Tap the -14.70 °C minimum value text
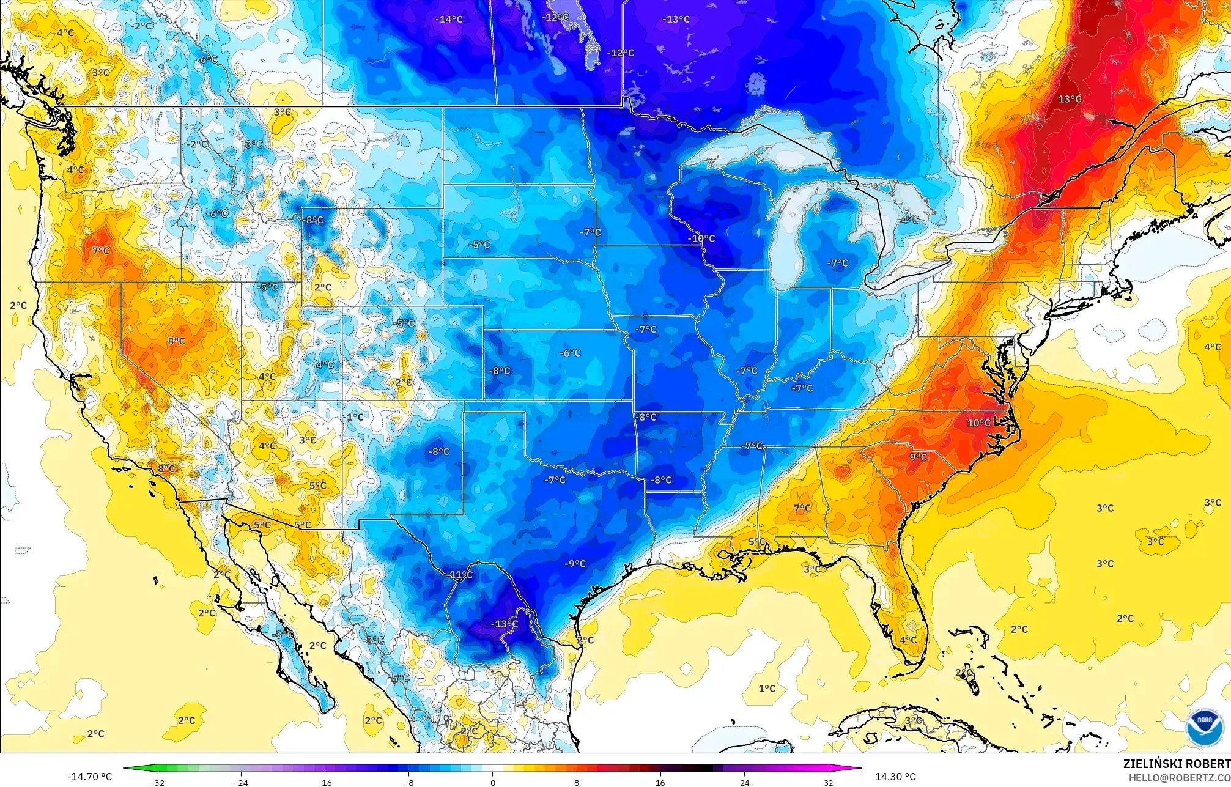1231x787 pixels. point(90,777)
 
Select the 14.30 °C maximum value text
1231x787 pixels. point(895,777)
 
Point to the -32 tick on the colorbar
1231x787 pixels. point(157,782)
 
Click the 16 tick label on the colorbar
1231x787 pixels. point(660,782)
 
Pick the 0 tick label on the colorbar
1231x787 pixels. point(492,782)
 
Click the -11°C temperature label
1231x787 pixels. point(460,575)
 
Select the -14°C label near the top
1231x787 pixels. point(449,20)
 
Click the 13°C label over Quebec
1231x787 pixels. point(1070,99)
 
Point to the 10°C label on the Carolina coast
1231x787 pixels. point(978,423)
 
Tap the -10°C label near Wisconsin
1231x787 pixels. point(701,238)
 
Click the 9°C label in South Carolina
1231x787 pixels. point(918,457)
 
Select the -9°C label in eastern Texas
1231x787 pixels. point(575,564)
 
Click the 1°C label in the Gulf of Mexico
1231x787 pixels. point(767,689)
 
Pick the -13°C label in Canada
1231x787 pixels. point(676,20)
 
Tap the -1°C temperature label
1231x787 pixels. point(354,417)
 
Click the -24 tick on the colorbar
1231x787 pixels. point(241,782)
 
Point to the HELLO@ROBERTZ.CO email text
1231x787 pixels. point(1180,778)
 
